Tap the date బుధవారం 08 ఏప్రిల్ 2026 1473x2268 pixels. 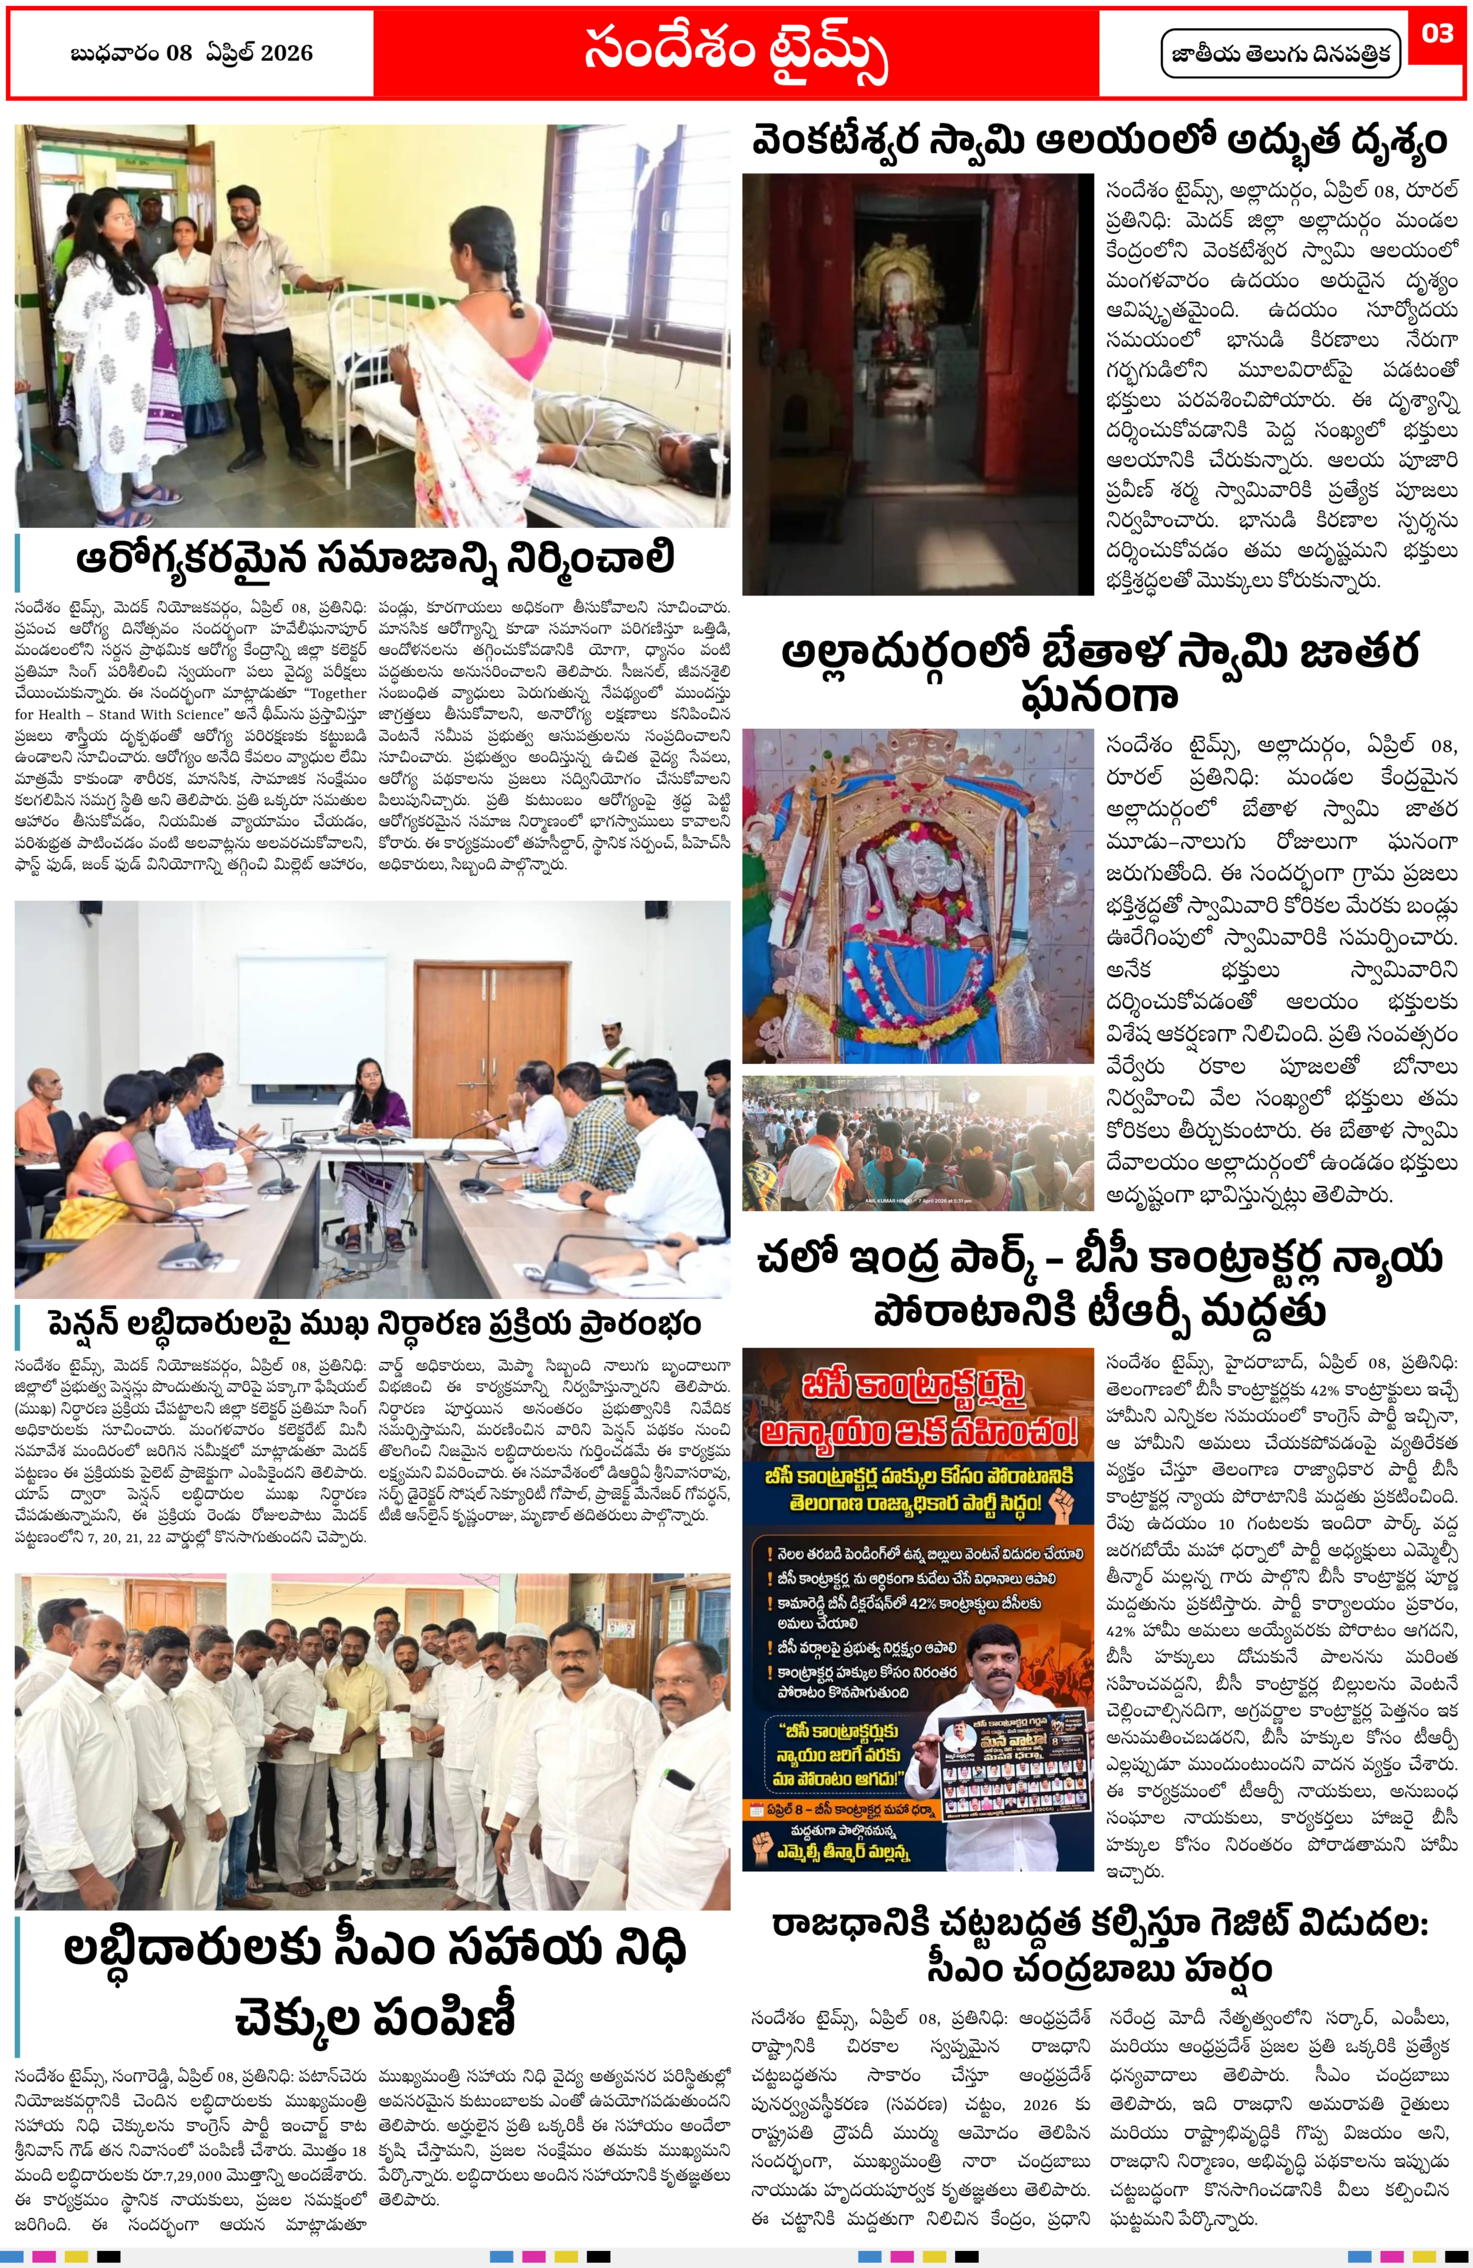(x=191, y=53)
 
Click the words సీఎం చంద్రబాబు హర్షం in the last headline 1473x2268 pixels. (x=1098, y=1967)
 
